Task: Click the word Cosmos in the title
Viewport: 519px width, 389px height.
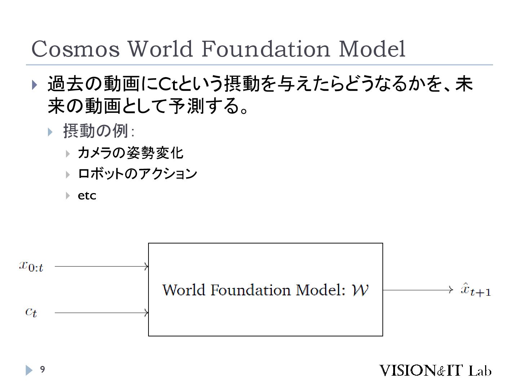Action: pyautogui.click(x=75, y=49)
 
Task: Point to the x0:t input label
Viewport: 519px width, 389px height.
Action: pyautogui.click(x=31, y=267)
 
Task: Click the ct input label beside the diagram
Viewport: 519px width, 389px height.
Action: pyautogui.click(x=31, y=312)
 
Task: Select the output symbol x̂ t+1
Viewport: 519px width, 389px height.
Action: pyautogui.click(x=475, y=290)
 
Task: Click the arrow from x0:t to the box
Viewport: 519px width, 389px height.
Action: pyautogui.click(x=101, y=267)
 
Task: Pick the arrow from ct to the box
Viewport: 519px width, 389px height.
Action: pyautogui.click(x=101, y=313)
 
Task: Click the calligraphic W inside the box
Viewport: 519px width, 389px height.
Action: pyautogui.click(x=360, y=290)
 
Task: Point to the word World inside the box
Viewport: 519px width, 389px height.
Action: pyautogui.click(x=183, y=290)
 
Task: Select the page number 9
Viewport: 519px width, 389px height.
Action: pyautogui.click(x=42, y=369)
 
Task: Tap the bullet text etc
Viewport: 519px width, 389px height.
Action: pyautogui.click(x=87, y=196)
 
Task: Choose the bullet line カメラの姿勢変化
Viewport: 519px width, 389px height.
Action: pyautogui.click(x=130, y=153)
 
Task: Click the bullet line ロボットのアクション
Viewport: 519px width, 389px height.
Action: pyautogui.click(x=137, y=174)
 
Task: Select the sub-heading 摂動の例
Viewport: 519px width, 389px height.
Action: pyautogui.click(x=96, y=130)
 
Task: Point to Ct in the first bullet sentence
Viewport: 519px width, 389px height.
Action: pyautogui.click(x=167, y=84)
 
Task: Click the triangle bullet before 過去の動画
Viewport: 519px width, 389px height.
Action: pyautogui.click(x=35, y=85)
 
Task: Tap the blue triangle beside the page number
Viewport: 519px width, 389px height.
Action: pyautogui.click(x=29, y=370)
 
